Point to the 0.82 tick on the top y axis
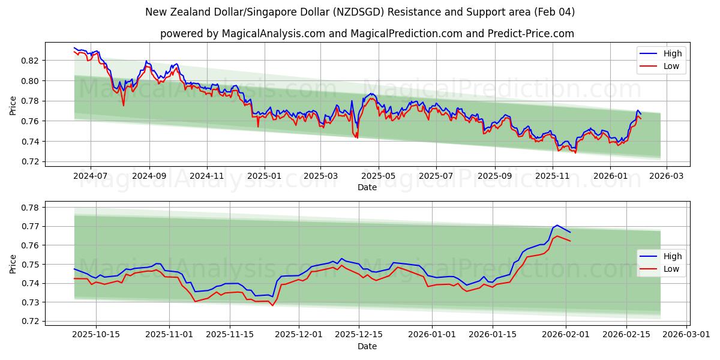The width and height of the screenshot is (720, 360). tap(31, 61)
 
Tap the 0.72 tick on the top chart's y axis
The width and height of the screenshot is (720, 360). tap(31, 162)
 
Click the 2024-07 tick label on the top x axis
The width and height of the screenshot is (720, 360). tap(91, 176)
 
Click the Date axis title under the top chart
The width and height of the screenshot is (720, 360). tap(367, 187)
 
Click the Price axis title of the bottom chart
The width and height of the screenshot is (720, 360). tap(13, 263)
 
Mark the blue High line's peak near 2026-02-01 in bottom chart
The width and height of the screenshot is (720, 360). tap(557, 225)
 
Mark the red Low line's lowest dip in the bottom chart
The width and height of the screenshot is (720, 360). tap(272, 306)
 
